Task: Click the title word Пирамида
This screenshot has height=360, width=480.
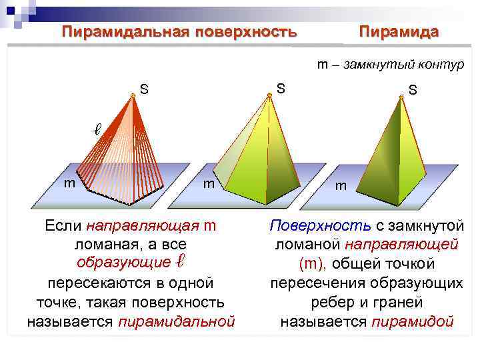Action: (399, 31)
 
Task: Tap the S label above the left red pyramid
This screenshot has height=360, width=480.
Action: (144, 88)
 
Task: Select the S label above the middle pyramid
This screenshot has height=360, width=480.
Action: (281, 87)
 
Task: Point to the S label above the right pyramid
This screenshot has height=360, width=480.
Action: (413, 89)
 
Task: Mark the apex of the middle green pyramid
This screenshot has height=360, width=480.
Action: (269, 95)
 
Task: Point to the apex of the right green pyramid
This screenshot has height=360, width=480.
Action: (401, 98)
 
